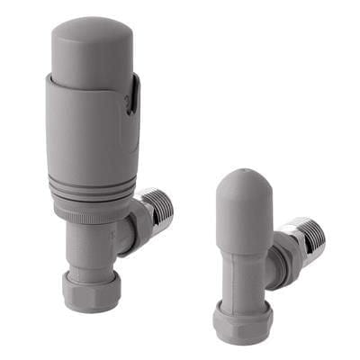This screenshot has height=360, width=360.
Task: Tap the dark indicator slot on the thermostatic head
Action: tap(132, 94)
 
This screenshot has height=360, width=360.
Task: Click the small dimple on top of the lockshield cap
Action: tap(244, 170)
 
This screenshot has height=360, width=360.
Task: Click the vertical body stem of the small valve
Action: tap(241, 270)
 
